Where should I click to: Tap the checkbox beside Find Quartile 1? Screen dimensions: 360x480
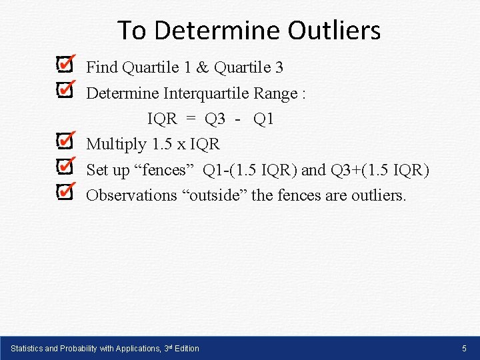(64, 65)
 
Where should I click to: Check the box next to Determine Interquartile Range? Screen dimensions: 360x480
(64, 91)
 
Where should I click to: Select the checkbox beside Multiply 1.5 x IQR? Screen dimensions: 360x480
(64, 141)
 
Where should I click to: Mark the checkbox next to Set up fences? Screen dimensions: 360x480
(64, 167)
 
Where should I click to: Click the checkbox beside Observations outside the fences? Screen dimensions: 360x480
(64, 193)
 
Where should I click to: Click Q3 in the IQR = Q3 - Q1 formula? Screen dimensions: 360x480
(215, 119)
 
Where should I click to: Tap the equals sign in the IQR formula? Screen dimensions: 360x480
(191, 119)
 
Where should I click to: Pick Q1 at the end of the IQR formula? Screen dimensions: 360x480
(263, 119)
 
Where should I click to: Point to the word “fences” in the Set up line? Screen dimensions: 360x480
(163, 170)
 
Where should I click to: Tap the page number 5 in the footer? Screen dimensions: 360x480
(465, 348)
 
